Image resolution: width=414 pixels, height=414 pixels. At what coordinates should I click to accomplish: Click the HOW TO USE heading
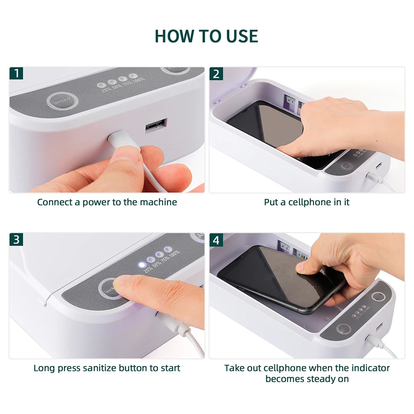point(206,36)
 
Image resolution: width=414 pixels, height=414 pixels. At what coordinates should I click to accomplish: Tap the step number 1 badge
point(16,74)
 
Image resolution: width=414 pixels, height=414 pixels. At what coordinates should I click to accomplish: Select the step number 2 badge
point(216,74)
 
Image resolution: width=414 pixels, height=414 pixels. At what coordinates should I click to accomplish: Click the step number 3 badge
point(16,239)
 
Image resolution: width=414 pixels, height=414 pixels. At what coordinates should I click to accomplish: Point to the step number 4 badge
point(216,239)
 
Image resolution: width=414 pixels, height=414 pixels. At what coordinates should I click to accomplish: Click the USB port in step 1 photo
point(156,125)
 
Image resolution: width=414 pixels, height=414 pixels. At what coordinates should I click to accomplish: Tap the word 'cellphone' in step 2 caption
point(307,202)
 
